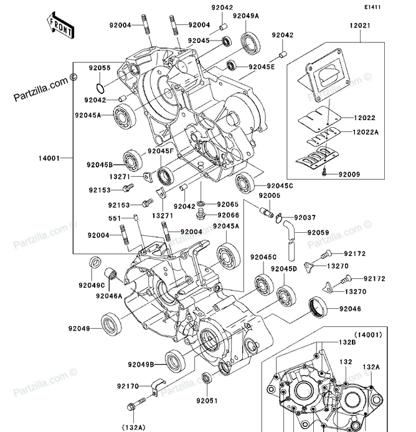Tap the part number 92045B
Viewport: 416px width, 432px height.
[100, 165]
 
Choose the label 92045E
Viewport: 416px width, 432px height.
[262, 66]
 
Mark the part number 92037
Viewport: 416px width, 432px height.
[306, 217]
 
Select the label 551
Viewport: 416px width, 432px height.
[115, 218]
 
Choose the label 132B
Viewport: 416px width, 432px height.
[347, 342]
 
